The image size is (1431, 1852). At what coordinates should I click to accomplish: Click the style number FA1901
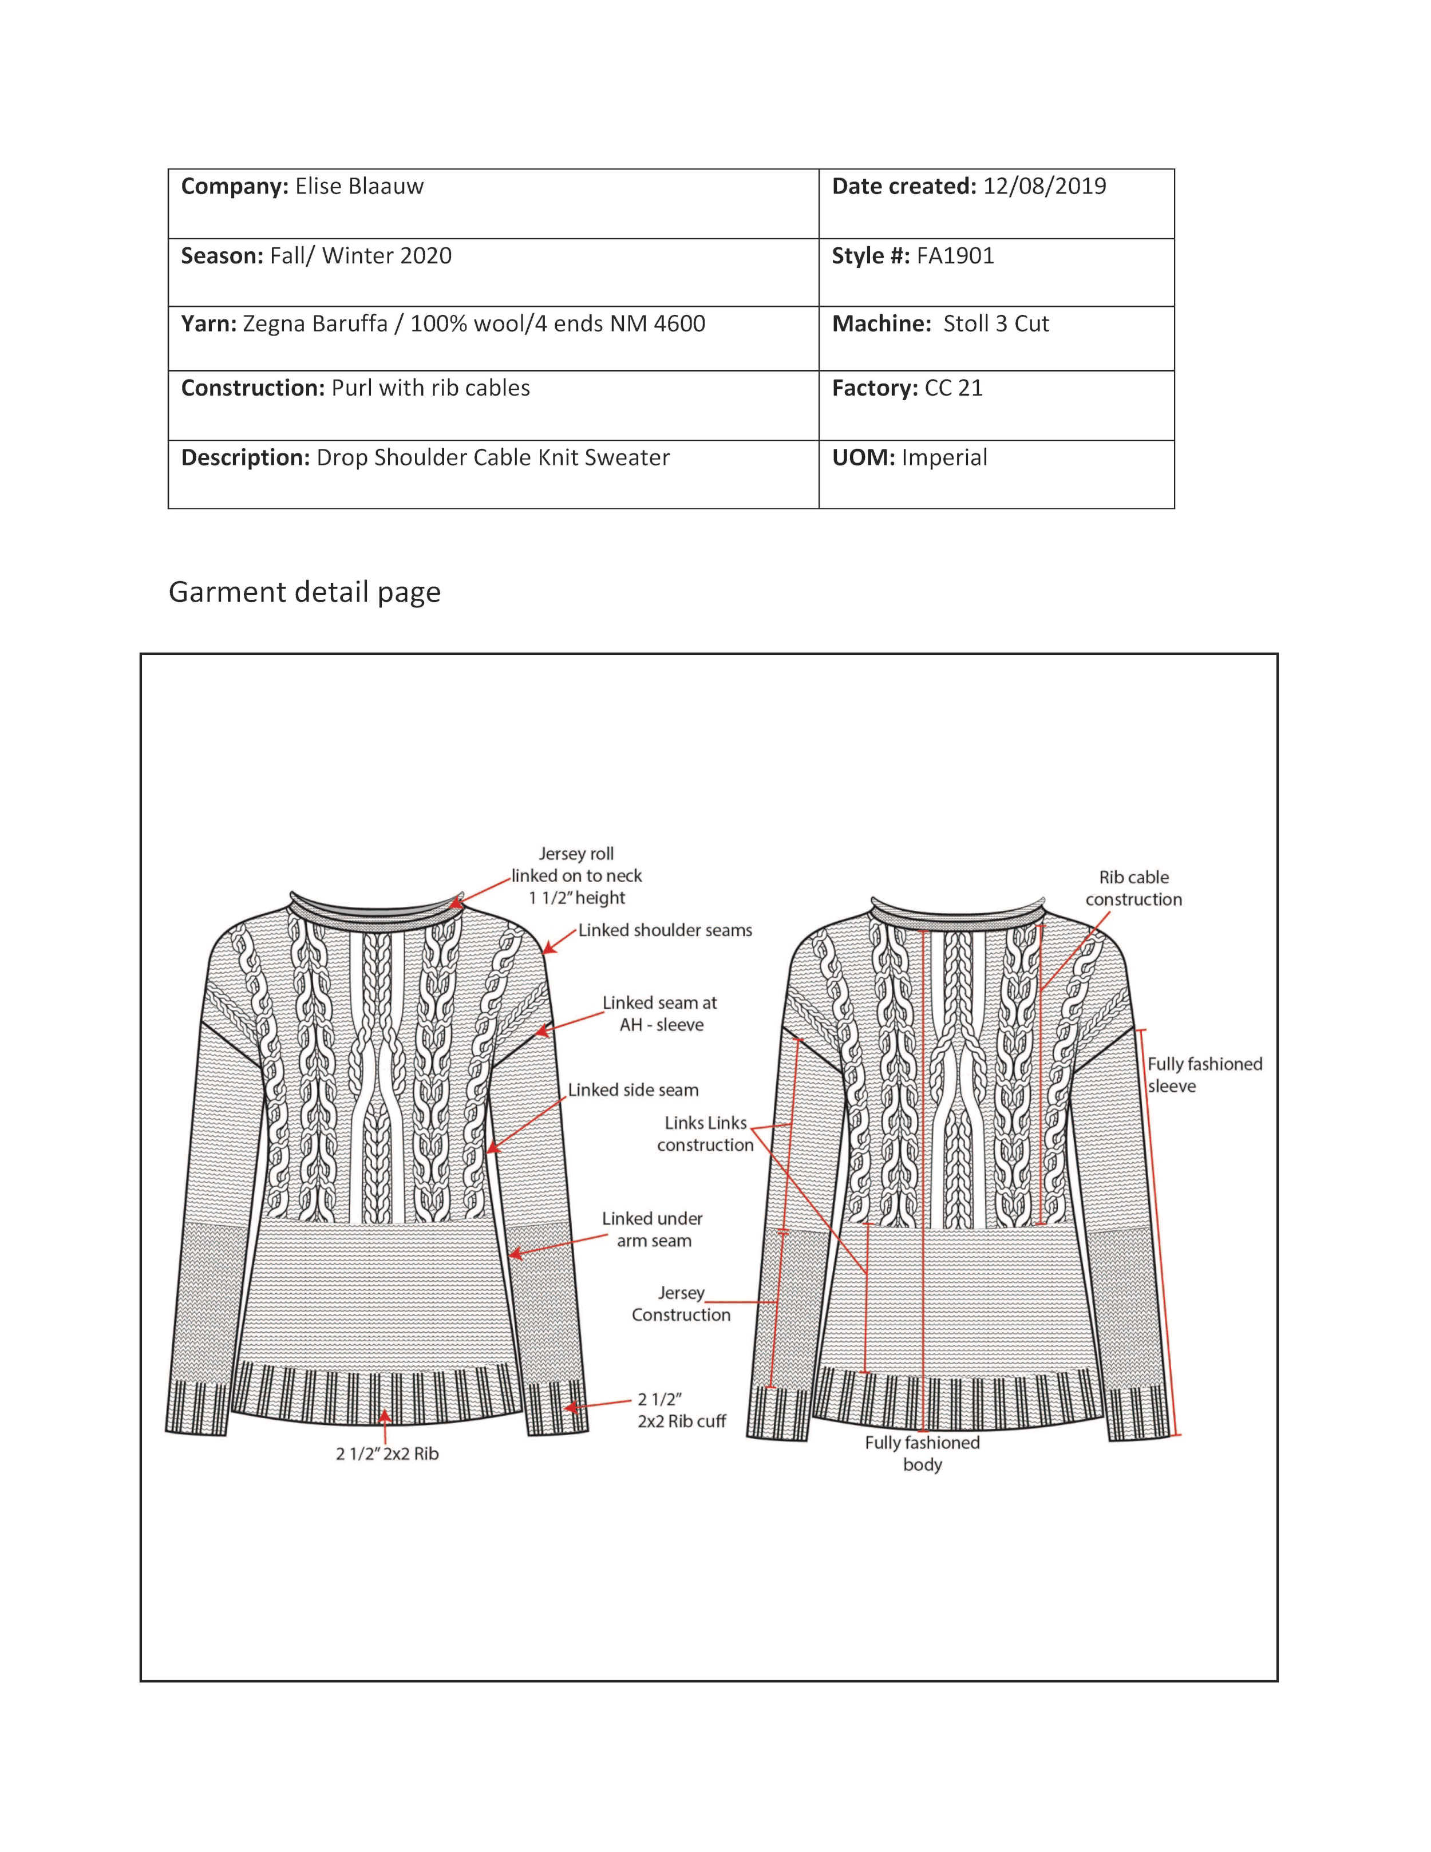955,256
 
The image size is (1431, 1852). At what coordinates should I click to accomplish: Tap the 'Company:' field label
235,187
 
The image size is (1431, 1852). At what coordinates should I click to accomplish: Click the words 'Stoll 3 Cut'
995,324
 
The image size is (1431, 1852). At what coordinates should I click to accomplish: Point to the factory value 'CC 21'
953,388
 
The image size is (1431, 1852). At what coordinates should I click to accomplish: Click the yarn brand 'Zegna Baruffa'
314,324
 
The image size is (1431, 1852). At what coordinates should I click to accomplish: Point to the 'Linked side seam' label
633,1089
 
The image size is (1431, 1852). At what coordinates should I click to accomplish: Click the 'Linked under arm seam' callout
652,1230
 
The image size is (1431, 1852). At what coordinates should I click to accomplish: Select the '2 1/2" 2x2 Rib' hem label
388,1454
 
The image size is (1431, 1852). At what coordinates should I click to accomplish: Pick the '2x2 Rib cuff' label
682,1421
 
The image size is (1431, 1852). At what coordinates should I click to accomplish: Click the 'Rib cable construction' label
1133,888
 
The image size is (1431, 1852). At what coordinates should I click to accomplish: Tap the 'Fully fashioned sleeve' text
1204,1075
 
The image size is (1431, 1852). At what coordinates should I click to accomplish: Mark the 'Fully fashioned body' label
922,1454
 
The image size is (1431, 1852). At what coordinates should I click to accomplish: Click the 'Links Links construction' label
705,1134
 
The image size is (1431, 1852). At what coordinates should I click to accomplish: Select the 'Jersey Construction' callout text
681,1304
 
